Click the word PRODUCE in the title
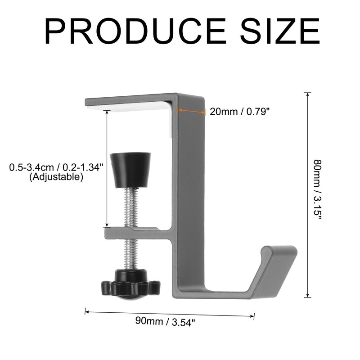pyautogui.click(x=135, y=31)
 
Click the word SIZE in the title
pyautogui.click(x=280, y=31)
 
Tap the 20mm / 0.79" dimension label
pyautogui.click(x=239, y=112)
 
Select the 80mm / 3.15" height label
pyautogui.click(x=318, y=189)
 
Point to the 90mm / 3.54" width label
pyautogui.click(x=165, y=321)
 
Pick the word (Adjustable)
pyautogui.click(x=56, y=177)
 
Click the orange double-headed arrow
pyautogui.click(x=192, y=111)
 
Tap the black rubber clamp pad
pyautogui.click(x=130, y=170)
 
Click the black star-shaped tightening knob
pyautogui.click(x=130, y=285)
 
